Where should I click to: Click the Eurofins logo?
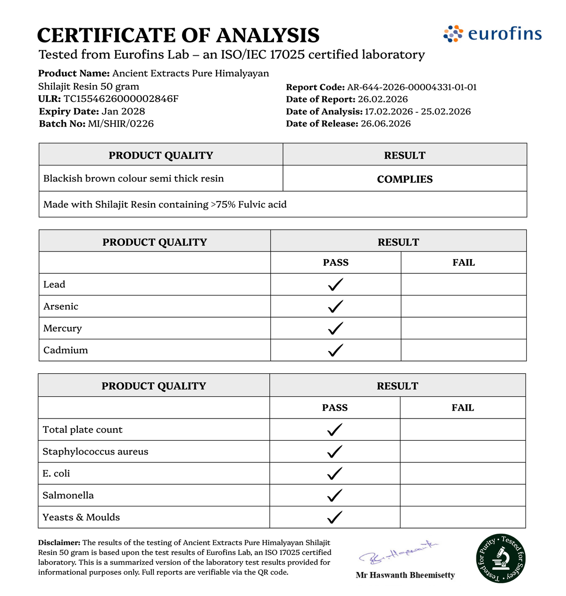click(492, 34)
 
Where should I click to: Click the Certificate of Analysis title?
click(178, 35)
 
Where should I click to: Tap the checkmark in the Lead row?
click(335, 285)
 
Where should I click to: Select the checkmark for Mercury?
click(335, 328)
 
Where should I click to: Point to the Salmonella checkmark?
click(334, 495)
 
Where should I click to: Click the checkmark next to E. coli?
click(334, 473)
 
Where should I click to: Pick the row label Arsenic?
click(61, 306)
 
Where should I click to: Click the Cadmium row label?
click(66, 350)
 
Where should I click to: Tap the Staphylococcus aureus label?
click(95, 452)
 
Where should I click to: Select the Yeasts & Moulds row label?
click(81, 517)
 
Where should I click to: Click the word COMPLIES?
click(405, 179)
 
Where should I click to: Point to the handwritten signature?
click(399, 553)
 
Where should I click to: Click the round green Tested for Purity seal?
click(500, 559)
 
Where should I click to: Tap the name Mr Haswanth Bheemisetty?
click(405, 575)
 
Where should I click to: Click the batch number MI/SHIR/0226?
click(121, 124)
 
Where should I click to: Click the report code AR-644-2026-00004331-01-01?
click(412, 87)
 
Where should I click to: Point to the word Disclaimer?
click(59, 543)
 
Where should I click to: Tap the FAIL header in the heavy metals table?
click(464, 263)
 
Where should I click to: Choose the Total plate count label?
click(83, 430)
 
